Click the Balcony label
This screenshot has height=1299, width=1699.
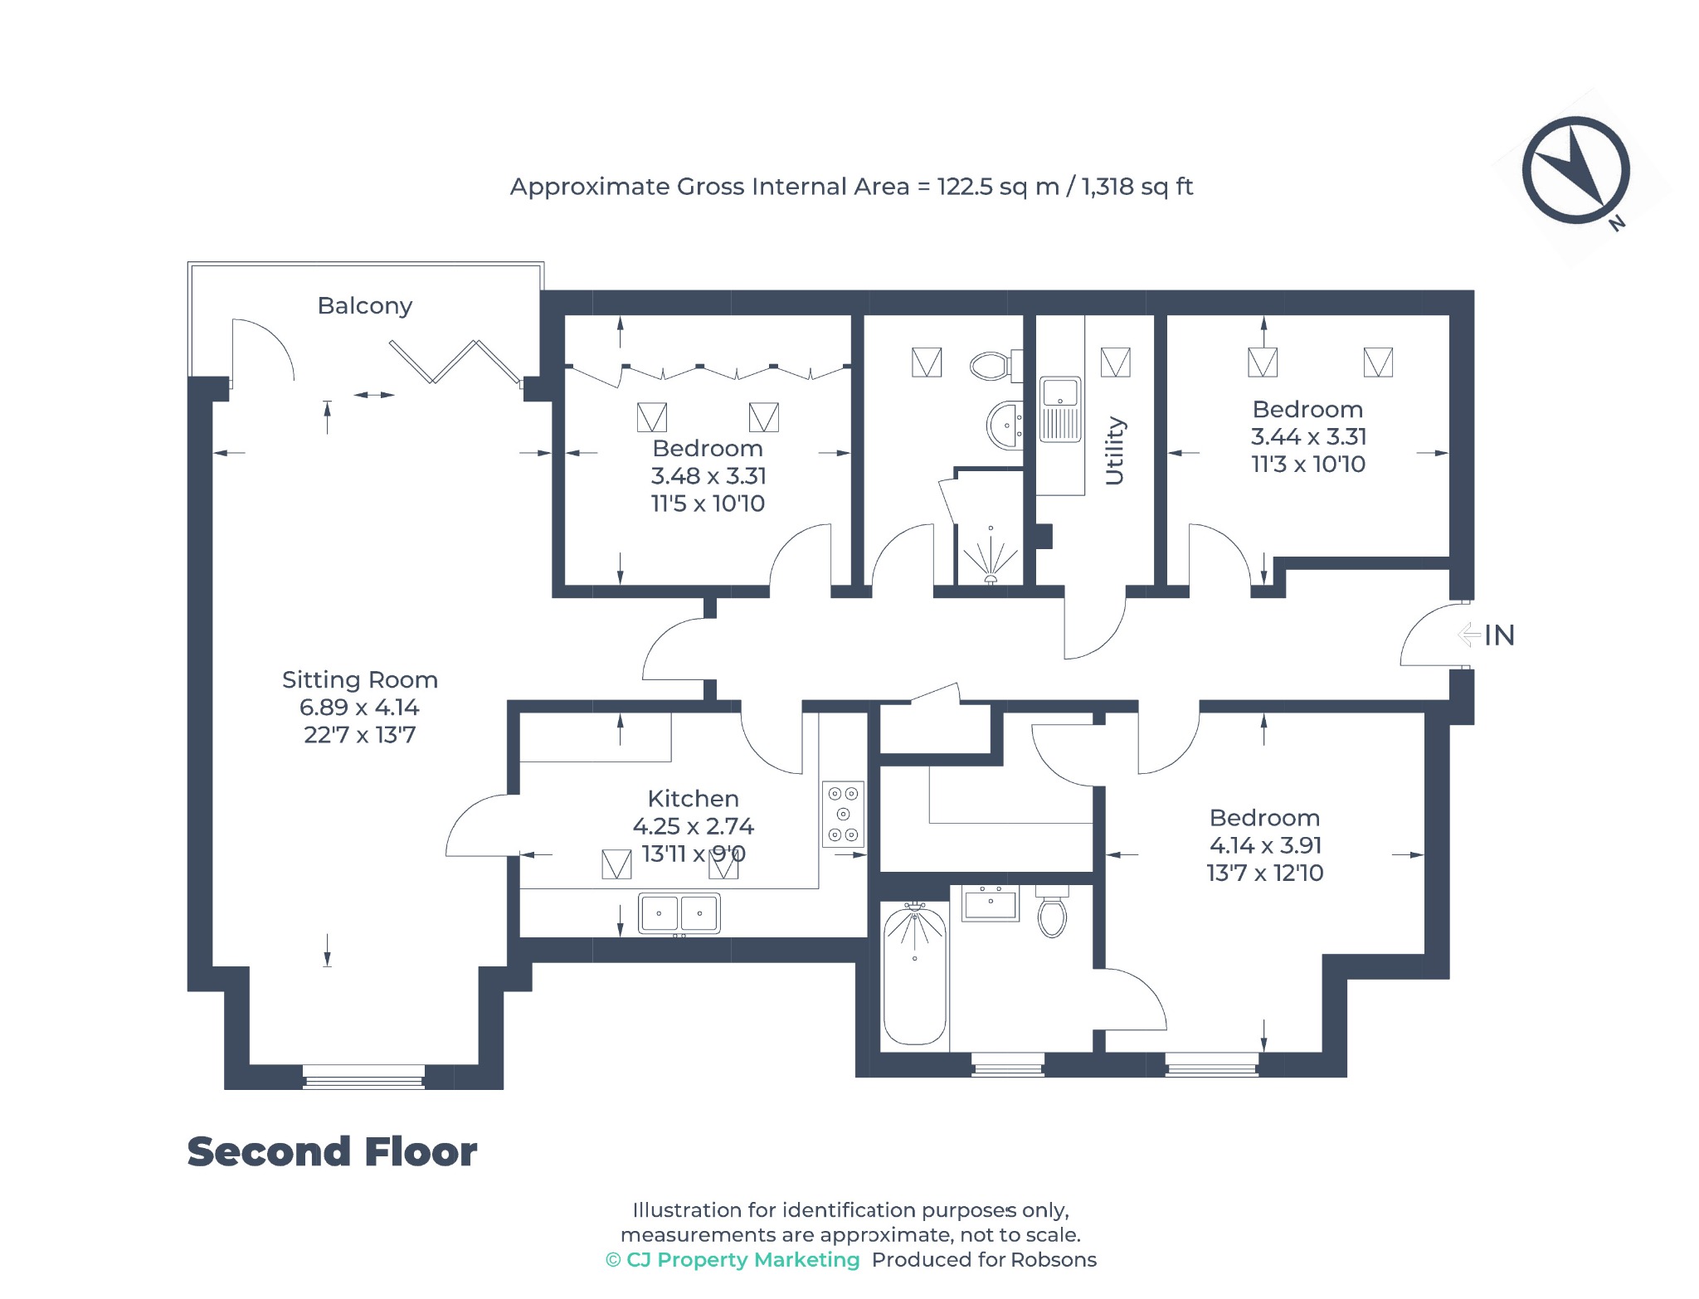pos(365,306)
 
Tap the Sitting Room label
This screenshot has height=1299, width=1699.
pos(360,679)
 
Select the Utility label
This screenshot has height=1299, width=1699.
pos(1114,450)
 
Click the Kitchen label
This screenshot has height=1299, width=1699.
pos(693,798)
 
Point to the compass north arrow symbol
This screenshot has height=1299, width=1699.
pos(1575,170)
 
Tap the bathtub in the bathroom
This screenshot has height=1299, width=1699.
pos(915,975)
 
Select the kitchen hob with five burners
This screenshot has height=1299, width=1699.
pos(843,814)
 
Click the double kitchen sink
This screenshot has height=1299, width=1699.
pos(679,913)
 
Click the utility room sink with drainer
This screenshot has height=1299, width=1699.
pos(1060,410)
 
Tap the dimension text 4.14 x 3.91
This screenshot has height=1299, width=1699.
pos(1265,845)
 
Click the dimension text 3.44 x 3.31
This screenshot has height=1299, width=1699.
pos(1308,436)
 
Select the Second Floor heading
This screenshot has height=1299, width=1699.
pos(332,1151)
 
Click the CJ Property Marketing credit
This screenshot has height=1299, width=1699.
pos(733,1259)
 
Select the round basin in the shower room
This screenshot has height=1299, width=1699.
pos(1005,425)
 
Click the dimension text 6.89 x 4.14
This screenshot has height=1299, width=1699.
pos(359,708)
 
